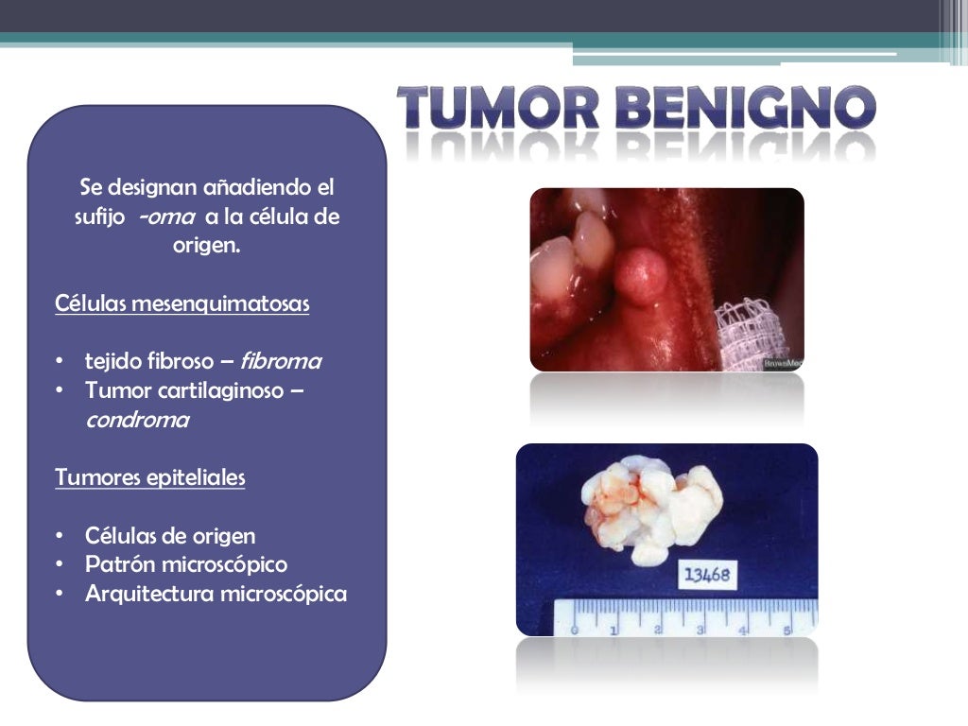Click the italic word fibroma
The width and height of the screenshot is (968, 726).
[x=281, y=361]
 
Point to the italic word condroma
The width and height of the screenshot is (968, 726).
[x=137, y=421]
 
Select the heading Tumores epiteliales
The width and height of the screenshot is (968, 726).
[x=149, y=477]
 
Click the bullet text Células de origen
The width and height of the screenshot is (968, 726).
[x=170, y=536]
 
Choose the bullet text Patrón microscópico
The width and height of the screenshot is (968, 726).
[x=186, y=564]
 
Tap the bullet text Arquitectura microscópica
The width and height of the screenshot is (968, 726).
[x=216, y=594]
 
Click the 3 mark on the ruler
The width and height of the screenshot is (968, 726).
[x=700, y=628]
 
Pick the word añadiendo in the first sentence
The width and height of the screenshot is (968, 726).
[x=232, y=187]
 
